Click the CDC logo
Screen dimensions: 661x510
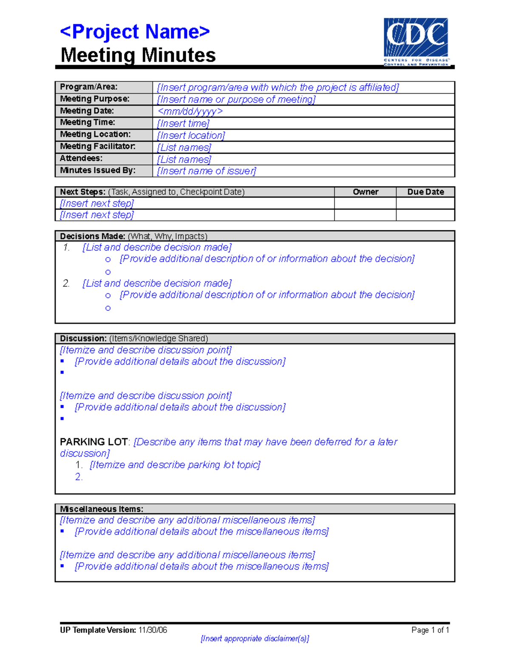[x=416, y=42]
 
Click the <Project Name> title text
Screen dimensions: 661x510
[x=135, y=32]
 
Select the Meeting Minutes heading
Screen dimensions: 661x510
[x=138, y=55]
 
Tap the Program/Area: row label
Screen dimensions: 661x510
[x=88, y=87]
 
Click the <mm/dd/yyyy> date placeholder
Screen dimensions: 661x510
[x=190, y=111]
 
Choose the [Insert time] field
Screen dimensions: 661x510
[x=183, y=123]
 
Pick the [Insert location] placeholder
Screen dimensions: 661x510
[x=191, y=135]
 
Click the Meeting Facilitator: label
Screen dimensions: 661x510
[x=97, y=146]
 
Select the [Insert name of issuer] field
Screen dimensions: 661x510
[x=207, y=171]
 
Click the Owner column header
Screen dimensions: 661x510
[x=365, y=192]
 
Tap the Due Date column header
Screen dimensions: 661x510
[x=425, y=192]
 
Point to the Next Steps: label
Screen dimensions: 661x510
[x=82, y=192]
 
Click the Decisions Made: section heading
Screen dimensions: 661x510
[x=92, y=236]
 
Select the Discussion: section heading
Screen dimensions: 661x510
[x=83, y=338]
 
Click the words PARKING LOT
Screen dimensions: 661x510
[x=93, y=442]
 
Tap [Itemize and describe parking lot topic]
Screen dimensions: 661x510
[x=175, y=465]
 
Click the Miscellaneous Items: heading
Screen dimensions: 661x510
[x=102, y=509]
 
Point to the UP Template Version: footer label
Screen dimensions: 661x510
[x=98, y=630]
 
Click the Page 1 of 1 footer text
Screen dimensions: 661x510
[x=430, y=630]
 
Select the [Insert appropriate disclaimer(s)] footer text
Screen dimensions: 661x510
[x=255, y=638]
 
